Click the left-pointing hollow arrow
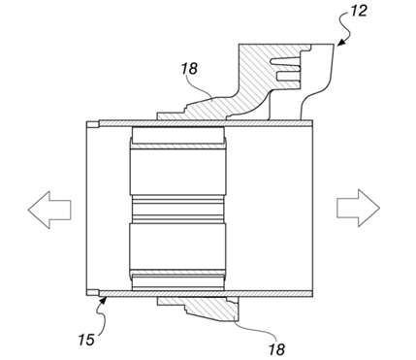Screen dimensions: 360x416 [x=48, y=209]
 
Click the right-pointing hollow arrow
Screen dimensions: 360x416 [x=356, y=208]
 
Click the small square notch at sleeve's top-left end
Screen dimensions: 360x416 [x=90, y=123]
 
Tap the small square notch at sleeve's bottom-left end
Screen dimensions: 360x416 [x=90, y=292]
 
